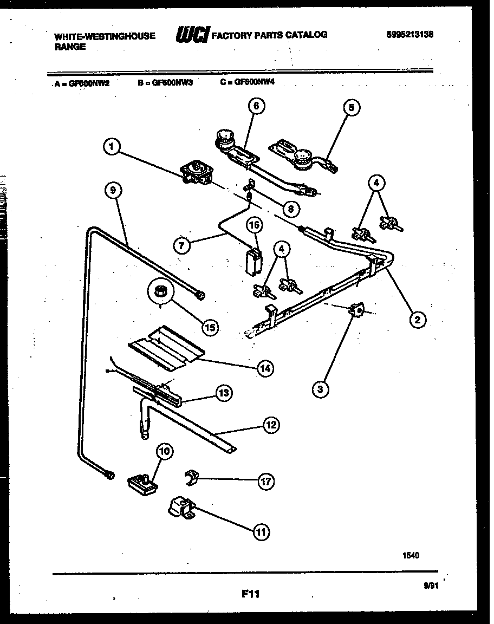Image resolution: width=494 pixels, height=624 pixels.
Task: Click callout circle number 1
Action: (111, 146)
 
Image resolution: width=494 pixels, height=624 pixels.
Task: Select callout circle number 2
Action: (417, 319)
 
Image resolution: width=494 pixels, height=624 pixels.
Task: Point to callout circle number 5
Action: (351, 108)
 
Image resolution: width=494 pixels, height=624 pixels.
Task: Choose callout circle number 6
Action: (256, 106)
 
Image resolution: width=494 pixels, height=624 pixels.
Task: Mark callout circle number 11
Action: (262, 532)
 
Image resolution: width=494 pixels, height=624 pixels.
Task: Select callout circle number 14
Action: (265, 369)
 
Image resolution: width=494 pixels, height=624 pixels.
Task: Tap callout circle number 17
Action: (265, 481)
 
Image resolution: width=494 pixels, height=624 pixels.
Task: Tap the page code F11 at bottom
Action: (250, 594)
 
